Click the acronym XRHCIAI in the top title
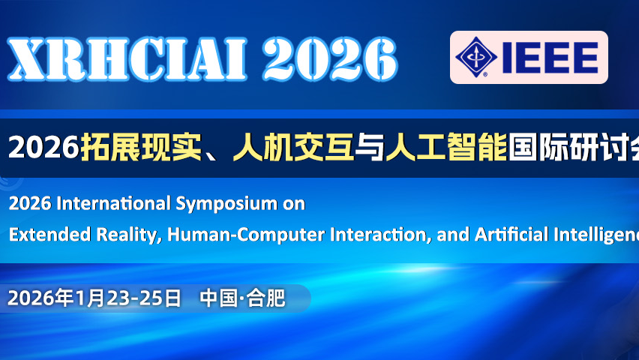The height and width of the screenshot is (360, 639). pos(128,58)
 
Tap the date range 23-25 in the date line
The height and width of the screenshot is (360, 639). pos(136,298)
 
